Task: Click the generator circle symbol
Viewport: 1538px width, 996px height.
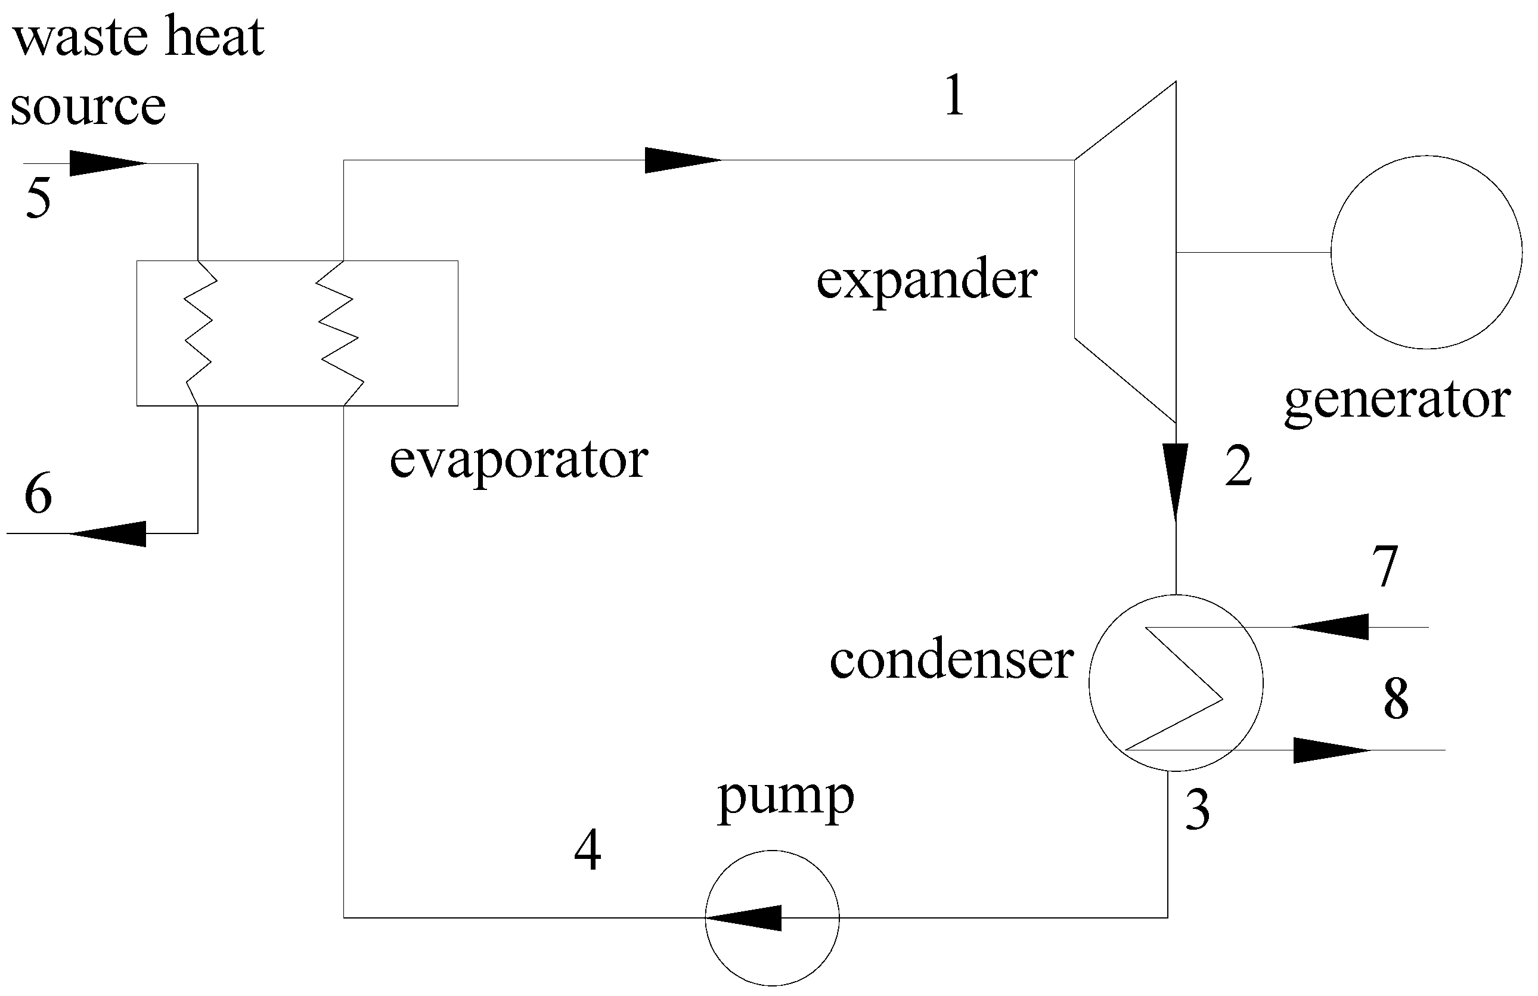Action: [1425, 252]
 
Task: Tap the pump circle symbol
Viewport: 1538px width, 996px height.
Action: [771, 918]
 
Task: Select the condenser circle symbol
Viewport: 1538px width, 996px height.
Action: [1176, 682]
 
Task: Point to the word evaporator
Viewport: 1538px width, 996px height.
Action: [519, 460]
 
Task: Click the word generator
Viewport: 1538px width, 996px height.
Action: [1397, 401]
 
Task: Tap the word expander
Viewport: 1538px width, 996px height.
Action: [927, 281]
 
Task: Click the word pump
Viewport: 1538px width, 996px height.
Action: [785, 799]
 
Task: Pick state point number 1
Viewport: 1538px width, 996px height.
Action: [954, 95]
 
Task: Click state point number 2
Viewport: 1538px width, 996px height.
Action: [1238, 466]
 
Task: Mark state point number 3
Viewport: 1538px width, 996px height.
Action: [1198, 811]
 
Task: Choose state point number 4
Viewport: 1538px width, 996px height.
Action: [587, 851]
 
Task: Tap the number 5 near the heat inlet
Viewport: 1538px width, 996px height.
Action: [39, 198]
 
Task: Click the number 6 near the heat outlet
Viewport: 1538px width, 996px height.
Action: [38, 493]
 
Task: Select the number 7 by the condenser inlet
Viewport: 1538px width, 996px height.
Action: [1385, 567]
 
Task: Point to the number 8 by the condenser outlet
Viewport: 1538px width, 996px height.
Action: [1396, 699]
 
